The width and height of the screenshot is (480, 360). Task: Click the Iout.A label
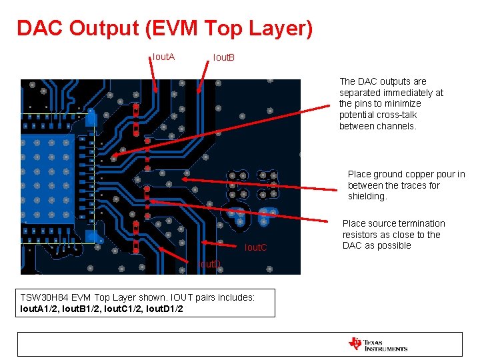(x=163, y=57)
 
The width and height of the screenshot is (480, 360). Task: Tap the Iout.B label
(x=223, y=58)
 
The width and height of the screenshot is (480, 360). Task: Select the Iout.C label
(x=255, y=248)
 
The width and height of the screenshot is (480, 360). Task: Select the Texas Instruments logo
(x=377, y=344)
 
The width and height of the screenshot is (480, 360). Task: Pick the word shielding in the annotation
(x=367, y=197)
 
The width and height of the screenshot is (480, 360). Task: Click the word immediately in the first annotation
(x=406, y=93)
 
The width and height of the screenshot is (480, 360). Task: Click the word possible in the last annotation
(x=395, y=245)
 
